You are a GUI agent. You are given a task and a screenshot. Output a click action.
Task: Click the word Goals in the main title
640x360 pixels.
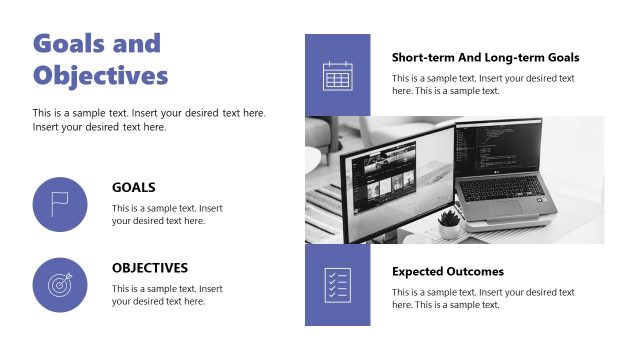pyautogui.click(x=69, y=43)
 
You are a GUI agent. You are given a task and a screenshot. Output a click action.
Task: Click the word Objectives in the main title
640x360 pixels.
pyautogui.click(x=100, y=76)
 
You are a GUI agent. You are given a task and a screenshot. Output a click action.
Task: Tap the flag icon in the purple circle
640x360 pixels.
pyautogui.click(x=60, y=204)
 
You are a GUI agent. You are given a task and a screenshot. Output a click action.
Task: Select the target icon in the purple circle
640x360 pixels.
pyautogui.click(x=60, y=285)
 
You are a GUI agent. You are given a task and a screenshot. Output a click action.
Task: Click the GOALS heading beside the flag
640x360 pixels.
pyautogui.click(x=133, y=187)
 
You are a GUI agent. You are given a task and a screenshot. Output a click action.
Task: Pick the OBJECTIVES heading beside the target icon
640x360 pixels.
pyautogui.click(x=149, y=268)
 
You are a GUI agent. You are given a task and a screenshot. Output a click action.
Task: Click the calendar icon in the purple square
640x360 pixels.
pyautogui.click(x=337, y=76)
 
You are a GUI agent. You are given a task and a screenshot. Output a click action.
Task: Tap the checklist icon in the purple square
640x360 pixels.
pyautogui.click(x=337, y=285)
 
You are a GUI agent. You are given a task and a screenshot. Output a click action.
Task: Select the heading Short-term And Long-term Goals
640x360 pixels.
pyautogui.click(x=485, y=58)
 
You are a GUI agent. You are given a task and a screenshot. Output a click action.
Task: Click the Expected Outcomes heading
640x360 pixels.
pyautogui.click(x=447, y=271)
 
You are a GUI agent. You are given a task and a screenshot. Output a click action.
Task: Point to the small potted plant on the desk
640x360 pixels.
pyautogui.click(x=449, y=220)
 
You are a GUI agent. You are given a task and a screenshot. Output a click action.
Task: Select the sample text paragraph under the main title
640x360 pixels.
pyautogui.click(x=149, y=120)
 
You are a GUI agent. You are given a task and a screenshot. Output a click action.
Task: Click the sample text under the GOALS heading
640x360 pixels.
pyautogui.click(x=167, y=214)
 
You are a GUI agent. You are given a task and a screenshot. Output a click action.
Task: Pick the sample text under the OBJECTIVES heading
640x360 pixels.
pyautogui.click(x=167, y=295)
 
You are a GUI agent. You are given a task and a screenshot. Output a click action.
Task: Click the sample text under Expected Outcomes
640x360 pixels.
pyautogui.click(x=483, y=298)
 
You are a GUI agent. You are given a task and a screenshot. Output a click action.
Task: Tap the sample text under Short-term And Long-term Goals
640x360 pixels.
pyautogui.click(x=483, y=84)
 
